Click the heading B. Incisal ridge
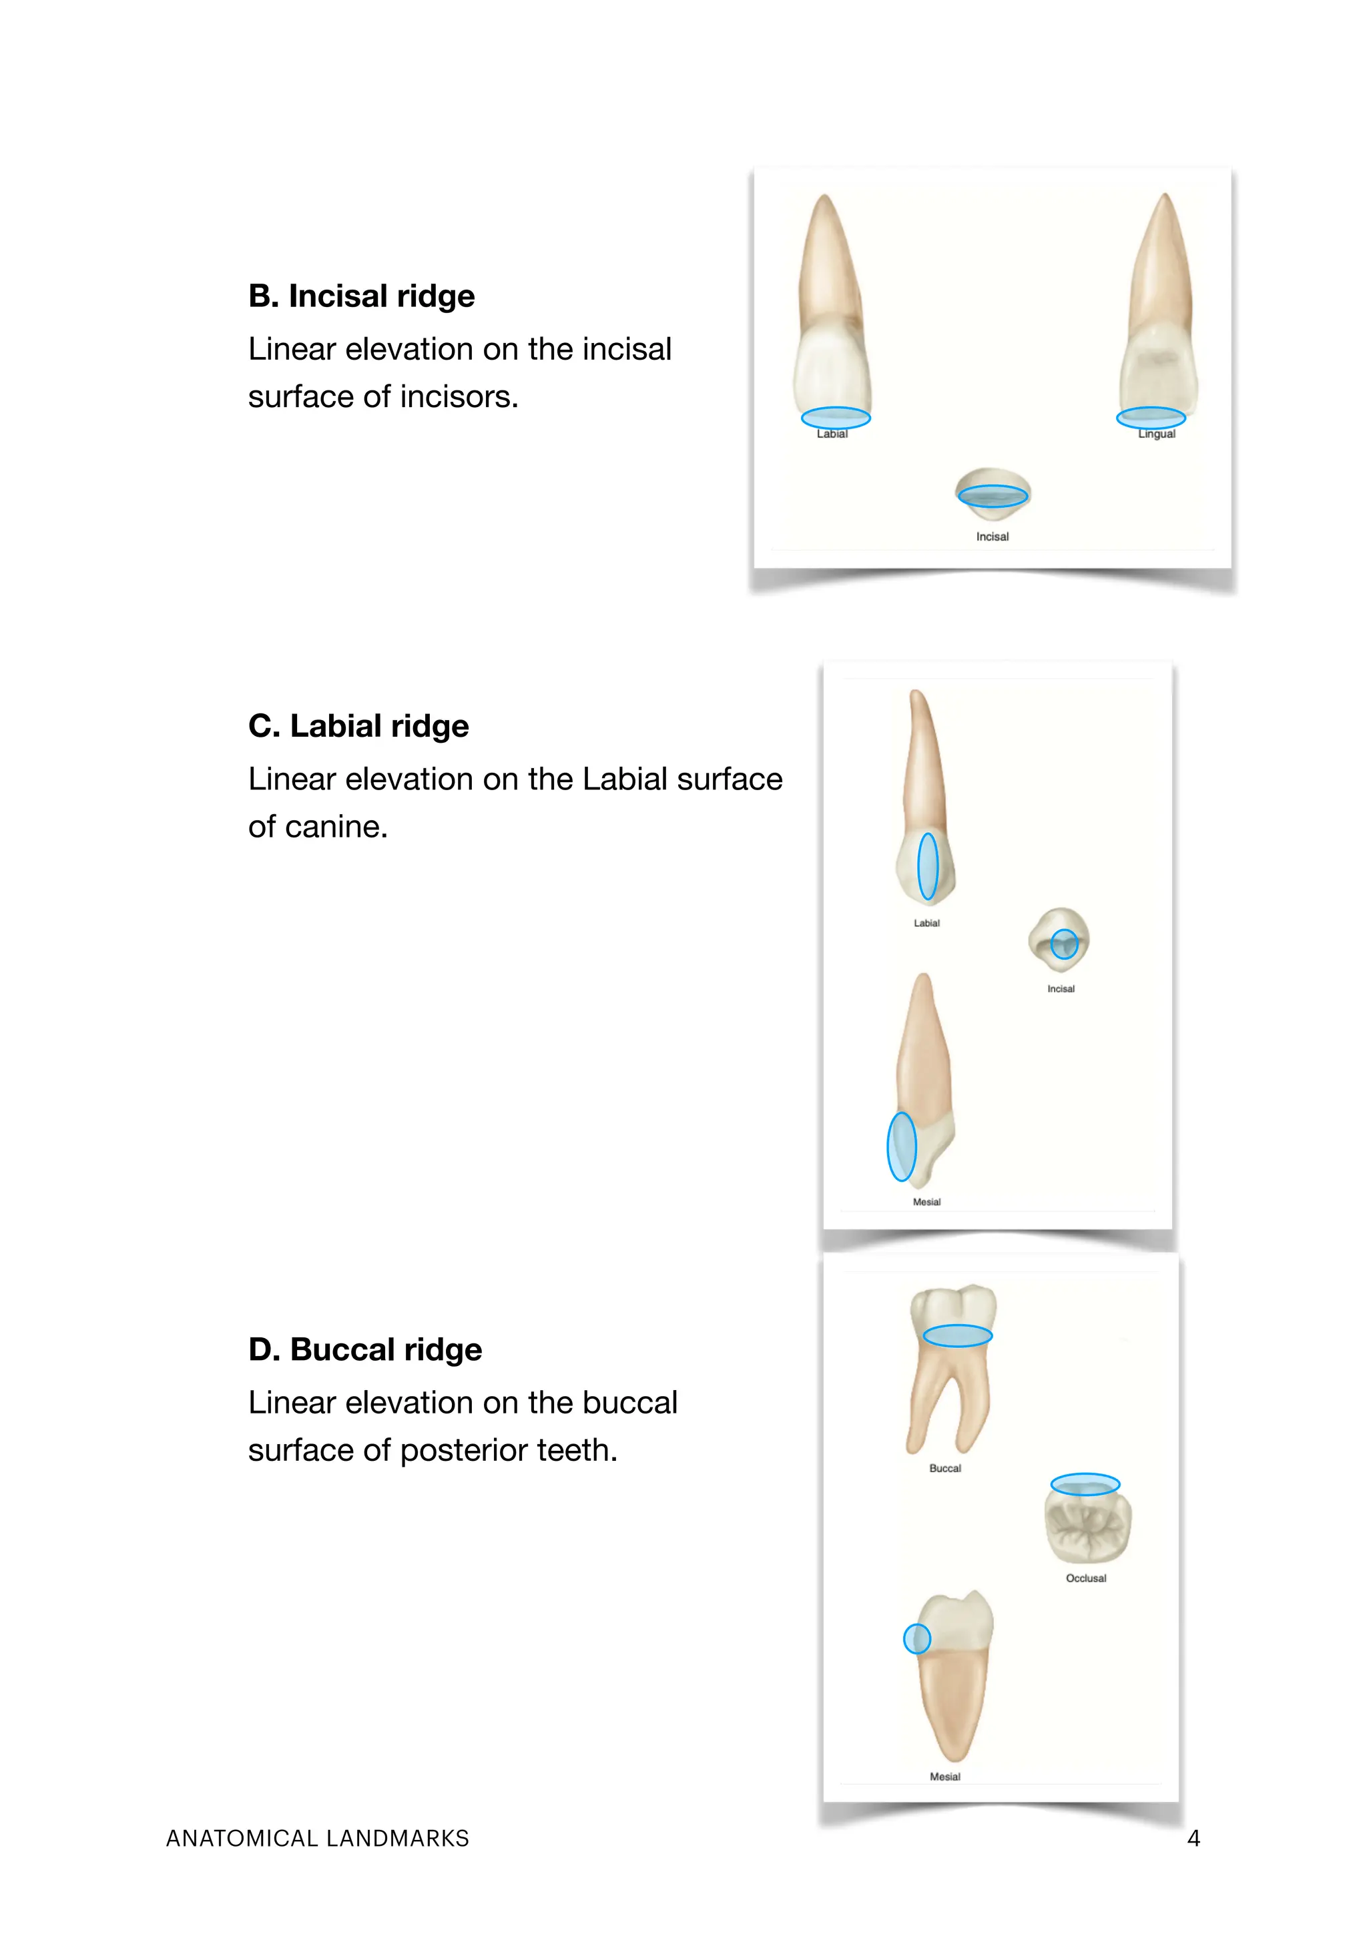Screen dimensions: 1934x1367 click(361, 296)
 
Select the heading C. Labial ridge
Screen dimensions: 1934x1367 click(358, 726)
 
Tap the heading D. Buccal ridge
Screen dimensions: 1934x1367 click(364, 1349)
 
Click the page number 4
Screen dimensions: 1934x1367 click(1193, 1838)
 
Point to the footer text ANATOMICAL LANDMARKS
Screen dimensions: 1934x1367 click(318, 1838)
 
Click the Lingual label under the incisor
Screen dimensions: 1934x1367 click(1157, 434)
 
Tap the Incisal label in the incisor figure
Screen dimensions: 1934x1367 click(992, 537)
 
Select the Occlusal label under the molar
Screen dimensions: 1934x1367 click(1086, 1578)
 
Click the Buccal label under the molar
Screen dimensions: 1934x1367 click(945, 1468)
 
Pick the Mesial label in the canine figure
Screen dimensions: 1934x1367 click(926, 1202)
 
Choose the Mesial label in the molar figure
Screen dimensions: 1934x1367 click(945, 1777)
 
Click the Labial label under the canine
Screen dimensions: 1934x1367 click(926, 923)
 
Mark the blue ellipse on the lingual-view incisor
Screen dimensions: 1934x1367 click(1151, 417)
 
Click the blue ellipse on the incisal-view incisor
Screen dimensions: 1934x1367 click(993, 495)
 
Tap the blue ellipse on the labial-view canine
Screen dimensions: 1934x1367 click(927, 866)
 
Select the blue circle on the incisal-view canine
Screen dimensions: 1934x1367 click(1065, 944)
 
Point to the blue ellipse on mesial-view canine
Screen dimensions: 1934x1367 click(901, 1147)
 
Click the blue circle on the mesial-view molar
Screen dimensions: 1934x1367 click(916, 1638)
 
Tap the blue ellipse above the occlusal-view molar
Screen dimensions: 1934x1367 click(1085, 1484)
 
